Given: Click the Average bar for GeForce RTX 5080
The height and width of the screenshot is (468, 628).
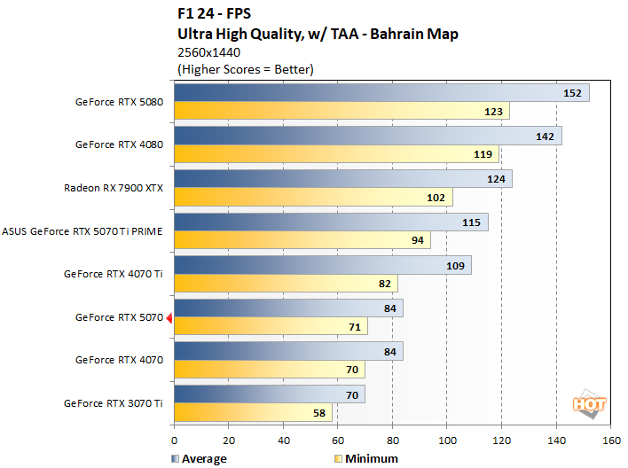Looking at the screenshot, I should click(381, 93).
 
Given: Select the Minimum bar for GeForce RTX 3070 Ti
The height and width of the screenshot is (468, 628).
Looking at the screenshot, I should click(253, 412).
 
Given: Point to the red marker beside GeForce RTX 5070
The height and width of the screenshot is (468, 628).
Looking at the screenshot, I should click(169, 317).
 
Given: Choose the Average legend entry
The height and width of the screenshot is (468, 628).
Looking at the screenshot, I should click(198, 458).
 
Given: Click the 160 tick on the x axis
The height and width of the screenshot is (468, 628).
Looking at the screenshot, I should click(610, 440).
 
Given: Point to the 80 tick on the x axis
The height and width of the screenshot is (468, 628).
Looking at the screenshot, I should click(392, 440).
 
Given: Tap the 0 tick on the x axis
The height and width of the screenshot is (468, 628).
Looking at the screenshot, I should click(175, 440).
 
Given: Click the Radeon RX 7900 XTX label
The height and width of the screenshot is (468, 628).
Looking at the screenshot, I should click(113, 188).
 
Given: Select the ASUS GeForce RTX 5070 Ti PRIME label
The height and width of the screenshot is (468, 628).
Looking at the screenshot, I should click(82, 231).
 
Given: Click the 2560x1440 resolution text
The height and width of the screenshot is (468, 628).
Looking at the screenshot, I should click(209, 52).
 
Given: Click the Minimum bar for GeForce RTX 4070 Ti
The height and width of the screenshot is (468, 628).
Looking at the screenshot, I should click(286, 284).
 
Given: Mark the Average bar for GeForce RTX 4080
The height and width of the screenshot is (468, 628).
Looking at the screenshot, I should click(368, 136).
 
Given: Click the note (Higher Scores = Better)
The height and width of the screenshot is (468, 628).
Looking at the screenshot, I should click(246, 69).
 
